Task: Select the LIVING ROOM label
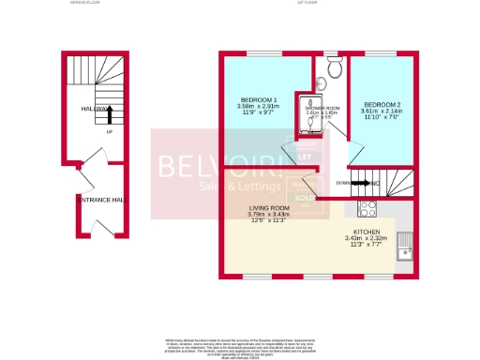point(269,207)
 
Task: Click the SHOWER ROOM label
point(322,108)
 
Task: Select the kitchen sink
point(405,246)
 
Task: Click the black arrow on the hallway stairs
point(110,114)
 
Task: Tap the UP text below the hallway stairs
point(110,132)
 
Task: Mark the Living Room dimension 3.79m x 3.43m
point(270,215)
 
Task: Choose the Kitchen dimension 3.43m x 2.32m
point(366,238)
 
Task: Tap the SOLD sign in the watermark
point(305,198)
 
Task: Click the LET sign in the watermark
point(304,156)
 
